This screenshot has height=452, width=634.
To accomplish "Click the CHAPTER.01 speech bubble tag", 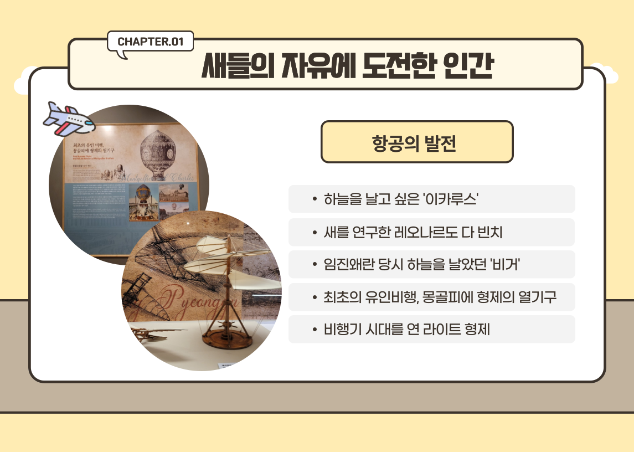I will [x=150, y=42].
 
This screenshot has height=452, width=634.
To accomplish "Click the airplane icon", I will [x=68, y=117].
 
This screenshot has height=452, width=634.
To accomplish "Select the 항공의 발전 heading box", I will [x=417, y=142].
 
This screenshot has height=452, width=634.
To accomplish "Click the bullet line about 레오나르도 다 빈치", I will [x=413, y=232].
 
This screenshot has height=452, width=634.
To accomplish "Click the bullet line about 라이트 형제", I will [x=407, y=330].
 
